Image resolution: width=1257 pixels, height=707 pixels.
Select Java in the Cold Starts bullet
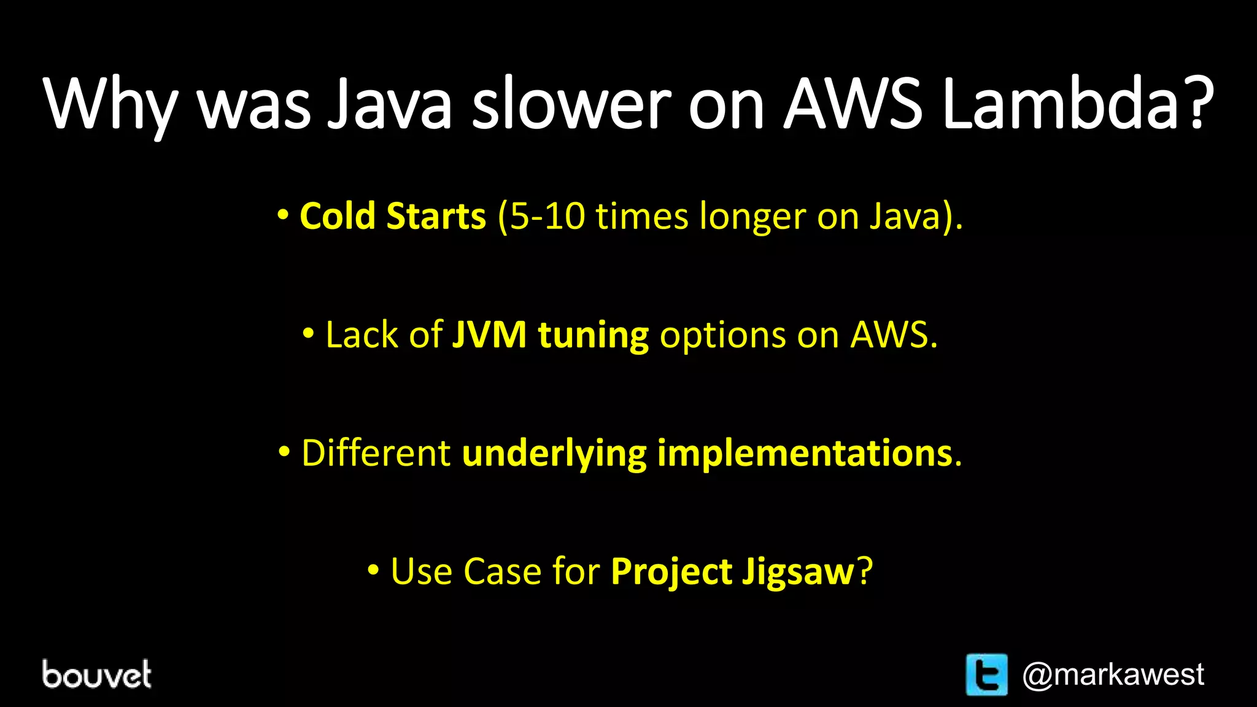pos(905,216)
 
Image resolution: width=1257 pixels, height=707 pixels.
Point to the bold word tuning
pos(593,336)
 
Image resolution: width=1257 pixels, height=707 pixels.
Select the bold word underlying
pos(554,454)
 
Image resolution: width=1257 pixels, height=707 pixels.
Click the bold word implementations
pos(805,454)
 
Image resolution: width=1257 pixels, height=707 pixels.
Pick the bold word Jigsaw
pos(798,572)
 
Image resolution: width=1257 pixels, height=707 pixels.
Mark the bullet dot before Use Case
pos(373,570)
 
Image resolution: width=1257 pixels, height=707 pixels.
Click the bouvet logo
pos(97,674)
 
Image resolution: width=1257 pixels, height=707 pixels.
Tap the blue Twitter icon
pos(986,674)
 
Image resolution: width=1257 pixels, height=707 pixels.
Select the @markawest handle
pos(1113,674)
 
